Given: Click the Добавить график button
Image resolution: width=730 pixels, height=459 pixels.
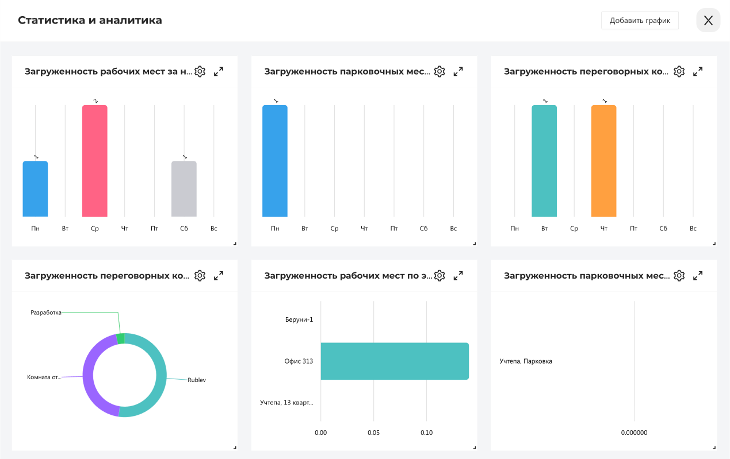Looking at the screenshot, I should tap(640, 21).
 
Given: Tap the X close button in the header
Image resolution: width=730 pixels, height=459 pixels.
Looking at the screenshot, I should tap(708, 21).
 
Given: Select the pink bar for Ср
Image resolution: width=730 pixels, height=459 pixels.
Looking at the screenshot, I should tap(94, 161).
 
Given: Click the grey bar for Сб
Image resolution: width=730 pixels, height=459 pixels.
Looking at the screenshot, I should tap(184, 189).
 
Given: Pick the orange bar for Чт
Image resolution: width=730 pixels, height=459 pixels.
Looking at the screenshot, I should tap(603, 161).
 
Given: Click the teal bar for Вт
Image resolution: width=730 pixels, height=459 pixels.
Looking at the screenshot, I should tap(544, 161).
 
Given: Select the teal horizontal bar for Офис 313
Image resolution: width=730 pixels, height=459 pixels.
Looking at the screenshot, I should tap(395, 361).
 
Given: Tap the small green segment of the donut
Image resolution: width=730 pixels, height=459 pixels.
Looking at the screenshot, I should tap(120, 338).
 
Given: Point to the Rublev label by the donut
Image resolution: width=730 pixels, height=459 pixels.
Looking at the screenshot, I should tap(197, 380).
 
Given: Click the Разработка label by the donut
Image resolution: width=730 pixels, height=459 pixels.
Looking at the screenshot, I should tap(46, 313).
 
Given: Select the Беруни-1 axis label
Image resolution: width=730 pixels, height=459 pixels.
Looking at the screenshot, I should tap(299, 319).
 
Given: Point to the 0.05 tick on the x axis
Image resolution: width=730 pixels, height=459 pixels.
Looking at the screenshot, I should tap(373, 433).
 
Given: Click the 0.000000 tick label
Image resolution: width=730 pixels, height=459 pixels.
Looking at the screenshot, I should tap(634, 433).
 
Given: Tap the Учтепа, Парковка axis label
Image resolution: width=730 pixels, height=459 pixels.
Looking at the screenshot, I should tap(526, 361).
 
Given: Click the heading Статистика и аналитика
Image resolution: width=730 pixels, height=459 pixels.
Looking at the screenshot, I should tap(90, 21).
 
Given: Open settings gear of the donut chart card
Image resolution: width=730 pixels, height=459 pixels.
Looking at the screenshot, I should tap(200, 276).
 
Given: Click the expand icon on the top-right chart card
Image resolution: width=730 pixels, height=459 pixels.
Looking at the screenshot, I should tap(698, 72).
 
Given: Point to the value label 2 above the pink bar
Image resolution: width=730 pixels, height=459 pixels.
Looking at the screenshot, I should tap(95, 101).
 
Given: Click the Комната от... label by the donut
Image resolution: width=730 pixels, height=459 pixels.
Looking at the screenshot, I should tap(44, 377).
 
